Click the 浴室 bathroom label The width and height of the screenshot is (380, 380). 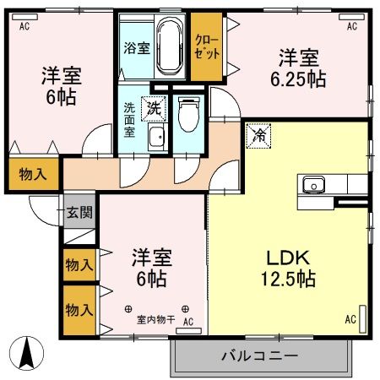click(x=137, y=48)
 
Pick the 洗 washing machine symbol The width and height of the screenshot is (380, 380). click(x=154, y=107)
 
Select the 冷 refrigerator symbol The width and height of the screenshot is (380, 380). click(x=261, y=134)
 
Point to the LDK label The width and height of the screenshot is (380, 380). click(x=290, y=258)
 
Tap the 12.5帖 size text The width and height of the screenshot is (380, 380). click(x=289, y=280)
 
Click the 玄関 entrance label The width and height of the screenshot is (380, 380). click(x=79, y=212)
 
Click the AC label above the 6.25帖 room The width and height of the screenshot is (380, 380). click(x=352, y=26)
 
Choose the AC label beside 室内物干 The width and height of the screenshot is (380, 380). click(x=189, y=321)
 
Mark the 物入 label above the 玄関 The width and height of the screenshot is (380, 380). click(x=33, y=175)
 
